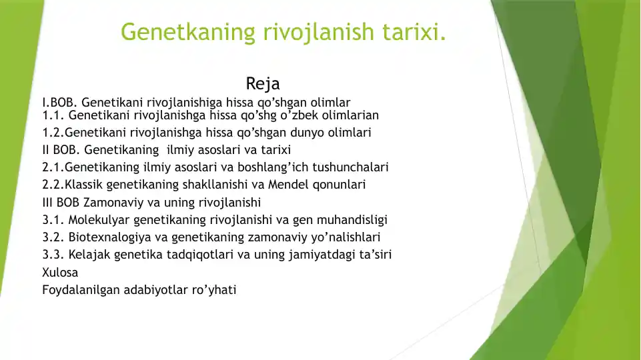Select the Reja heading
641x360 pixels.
(263, 84)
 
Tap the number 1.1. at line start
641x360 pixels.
(53, 115)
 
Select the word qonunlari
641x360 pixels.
(342, 184)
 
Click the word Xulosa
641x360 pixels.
(60, 273)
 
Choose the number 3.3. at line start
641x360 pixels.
(53, 255)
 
